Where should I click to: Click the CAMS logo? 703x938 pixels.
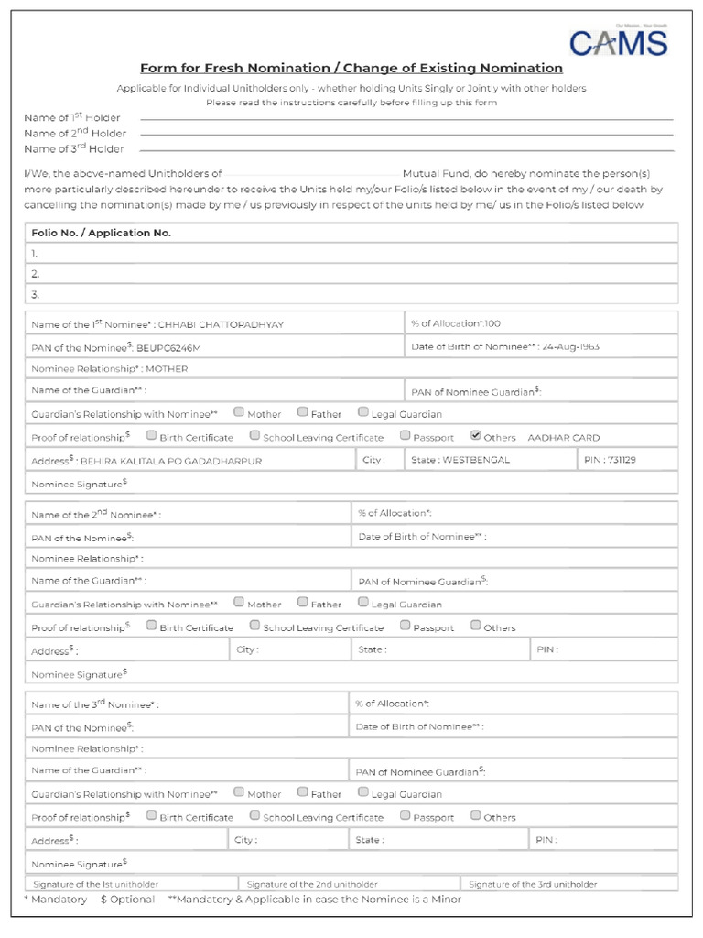click(618, 42)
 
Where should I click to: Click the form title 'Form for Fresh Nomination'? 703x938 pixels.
click(351, 69)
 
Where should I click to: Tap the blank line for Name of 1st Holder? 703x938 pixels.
click(406, 119)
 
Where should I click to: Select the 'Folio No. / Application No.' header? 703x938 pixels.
click(102, 233)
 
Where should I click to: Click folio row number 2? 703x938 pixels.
click(36, 274)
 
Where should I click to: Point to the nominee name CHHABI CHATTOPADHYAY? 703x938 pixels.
click(221, 325)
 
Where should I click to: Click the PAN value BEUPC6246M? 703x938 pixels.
click(168, 349)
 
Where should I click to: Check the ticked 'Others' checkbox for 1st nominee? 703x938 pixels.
click(476, 436)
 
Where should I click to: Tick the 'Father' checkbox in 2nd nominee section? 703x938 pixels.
click(302, 603)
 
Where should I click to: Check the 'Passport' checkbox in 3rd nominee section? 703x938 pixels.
click(405, 815)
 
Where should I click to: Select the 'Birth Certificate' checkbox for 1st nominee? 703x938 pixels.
click(152, 436)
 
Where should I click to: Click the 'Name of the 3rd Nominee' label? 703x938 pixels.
click(95, 705)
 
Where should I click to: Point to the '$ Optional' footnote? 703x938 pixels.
click(128, 900)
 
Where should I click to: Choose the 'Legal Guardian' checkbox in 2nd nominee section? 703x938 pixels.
click(363, 603)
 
